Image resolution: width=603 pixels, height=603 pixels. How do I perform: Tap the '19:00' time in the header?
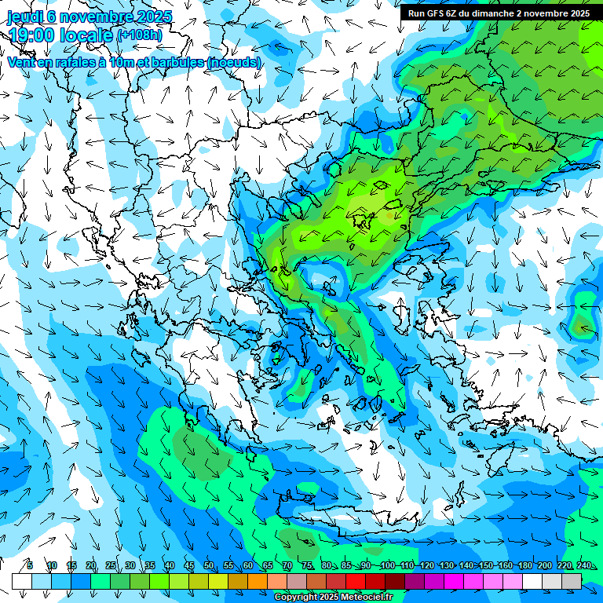tap(35, 35)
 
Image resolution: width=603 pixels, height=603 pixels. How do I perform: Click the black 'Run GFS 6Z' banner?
tap(499, 13)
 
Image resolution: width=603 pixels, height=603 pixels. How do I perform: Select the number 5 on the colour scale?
tap(30, 565)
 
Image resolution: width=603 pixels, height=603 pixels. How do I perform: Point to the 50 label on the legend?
tap(208, 565)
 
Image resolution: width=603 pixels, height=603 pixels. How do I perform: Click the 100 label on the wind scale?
tap(387, 565)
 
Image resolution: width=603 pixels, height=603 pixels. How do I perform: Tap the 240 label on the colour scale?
tap(584, 565)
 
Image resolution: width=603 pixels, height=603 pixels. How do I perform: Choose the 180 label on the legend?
tap(524, 565)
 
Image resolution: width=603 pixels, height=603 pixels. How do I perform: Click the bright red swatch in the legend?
tap(356, 581)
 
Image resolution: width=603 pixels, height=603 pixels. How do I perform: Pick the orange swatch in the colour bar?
tap(258, 581)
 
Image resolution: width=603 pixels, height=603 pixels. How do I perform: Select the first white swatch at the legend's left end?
tap(22, 581)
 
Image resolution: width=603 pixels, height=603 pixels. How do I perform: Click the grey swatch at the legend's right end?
tap(572, 581)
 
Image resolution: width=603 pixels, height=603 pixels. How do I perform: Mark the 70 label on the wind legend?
tap(287, 565)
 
